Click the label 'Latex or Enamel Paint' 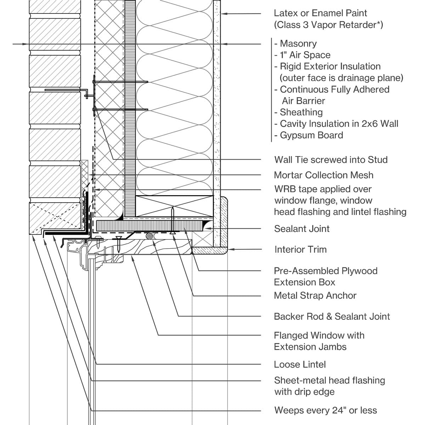click(x=320, y=13)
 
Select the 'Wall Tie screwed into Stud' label click(x=331, y=160)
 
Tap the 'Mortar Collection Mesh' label click(x=323, y=175)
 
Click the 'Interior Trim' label click(x=300, y=249)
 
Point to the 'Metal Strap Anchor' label click(x=315, y=295)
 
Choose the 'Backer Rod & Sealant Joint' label click(x=331, y=316)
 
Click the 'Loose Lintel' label click(x=300, y=364)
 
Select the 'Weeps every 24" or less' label click(x=325, y=410)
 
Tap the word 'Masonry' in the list click(x=298, y=44)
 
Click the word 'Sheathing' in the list click(x=301, y=112)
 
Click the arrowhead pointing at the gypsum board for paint click(x=224, y=14)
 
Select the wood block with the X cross click(x=175, y=206)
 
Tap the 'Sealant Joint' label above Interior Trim click(x=302, y=229)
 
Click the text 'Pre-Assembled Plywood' click(x=325, y=271)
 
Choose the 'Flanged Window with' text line click(x=319, y=335)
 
